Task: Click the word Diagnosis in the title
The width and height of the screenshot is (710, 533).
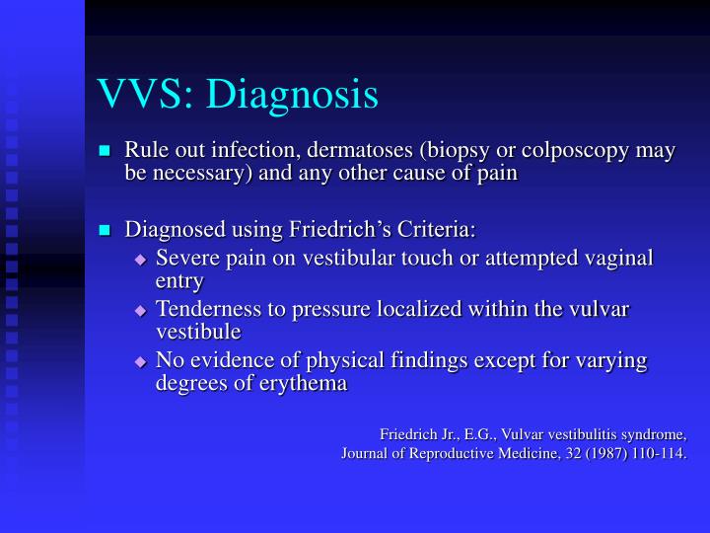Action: tap(295, 94)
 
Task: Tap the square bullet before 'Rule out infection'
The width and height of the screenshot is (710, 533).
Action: tap(106, 151)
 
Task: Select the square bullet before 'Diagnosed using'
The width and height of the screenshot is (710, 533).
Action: tap(106, 231)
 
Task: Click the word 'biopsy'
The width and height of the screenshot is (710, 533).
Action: tap(451, 151)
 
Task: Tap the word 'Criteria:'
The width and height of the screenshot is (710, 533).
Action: tap(436, 230)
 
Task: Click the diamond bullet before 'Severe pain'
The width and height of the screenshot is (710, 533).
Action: tap(140, 259)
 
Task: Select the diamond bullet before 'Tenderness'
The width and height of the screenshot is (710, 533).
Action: tap(140, 310)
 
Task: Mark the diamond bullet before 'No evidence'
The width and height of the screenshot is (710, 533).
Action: tap(140, 361)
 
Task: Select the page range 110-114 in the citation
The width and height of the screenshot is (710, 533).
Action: tap(657, 454)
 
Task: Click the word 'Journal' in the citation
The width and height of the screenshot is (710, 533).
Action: tap(366, 454)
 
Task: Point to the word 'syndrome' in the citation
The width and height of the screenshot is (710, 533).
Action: tap(652, 434)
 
